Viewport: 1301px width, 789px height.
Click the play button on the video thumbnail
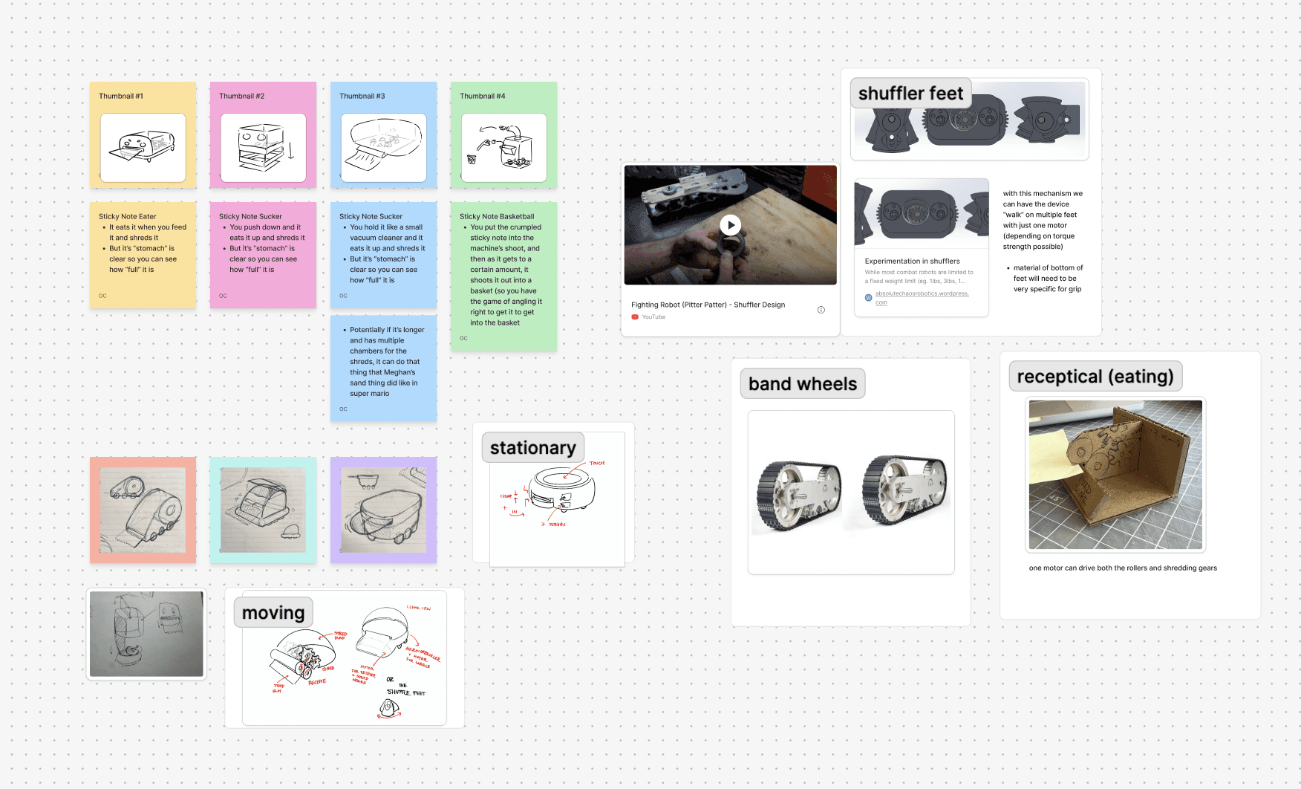point(731,225)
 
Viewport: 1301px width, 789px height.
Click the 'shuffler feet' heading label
point(910,94)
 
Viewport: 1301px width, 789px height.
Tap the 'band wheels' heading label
point(802,384)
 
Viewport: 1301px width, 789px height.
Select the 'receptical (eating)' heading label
point(1095,377)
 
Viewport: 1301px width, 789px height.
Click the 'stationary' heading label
point(532,448)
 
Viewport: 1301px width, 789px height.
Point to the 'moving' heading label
point(273,613)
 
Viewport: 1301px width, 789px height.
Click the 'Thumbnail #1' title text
point(121,97)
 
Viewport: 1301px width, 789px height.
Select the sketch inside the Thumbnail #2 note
point(264,147)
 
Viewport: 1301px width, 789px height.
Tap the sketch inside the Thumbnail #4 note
point(503,147)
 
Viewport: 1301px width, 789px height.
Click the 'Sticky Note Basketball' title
point(497,217)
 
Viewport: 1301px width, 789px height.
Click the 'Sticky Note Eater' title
point(128,217)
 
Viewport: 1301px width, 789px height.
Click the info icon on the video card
point(821,310)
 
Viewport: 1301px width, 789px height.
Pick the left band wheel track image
point(798,494)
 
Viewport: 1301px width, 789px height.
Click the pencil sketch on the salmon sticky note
point(143,510)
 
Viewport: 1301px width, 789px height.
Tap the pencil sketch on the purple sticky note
point(383,510)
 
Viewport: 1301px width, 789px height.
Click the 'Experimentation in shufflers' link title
point(912,262)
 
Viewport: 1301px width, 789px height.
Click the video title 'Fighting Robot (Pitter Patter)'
point(708,305)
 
